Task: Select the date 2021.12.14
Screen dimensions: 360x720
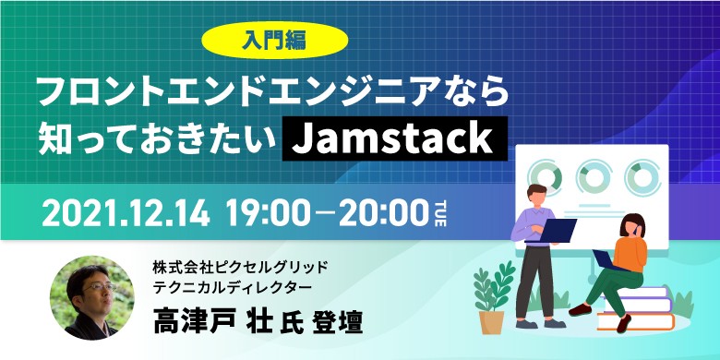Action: [127, 213]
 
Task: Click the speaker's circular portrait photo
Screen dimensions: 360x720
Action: [92, 297]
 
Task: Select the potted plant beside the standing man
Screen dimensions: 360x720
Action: [491, 296]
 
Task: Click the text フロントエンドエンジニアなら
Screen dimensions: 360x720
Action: [272, 93]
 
